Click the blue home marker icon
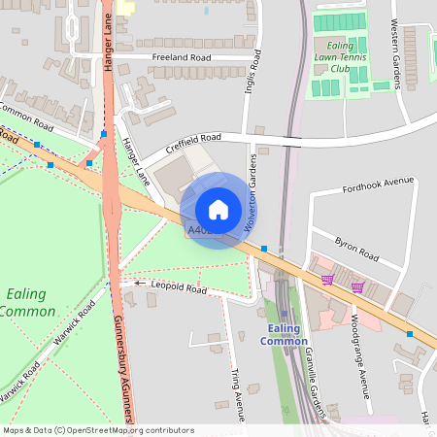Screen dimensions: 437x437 tap(218, 210)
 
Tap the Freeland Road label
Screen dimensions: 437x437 tap(182, 57)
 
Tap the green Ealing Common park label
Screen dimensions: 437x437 tap(27, 302)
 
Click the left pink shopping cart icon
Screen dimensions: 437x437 tap(327, 280)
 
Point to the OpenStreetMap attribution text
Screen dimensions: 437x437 tap(98, 430)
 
